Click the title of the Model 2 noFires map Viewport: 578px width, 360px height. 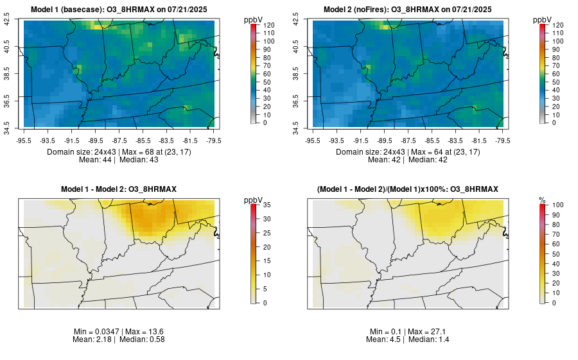click(408, 9)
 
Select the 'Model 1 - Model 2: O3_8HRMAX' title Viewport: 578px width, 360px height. click(119, 189)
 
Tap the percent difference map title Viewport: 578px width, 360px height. click(408, 189)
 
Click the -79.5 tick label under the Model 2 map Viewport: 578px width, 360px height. click(502, 140)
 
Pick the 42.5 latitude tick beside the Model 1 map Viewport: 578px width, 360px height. click(7, 21)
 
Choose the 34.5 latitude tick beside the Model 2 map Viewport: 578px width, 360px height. click(296, 123)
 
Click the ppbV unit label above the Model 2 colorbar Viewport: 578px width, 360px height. click(543, 19)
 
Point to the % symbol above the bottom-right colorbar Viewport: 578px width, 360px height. click(542, 200)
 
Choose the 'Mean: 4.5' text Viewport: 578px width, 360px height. click(387, 339)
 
